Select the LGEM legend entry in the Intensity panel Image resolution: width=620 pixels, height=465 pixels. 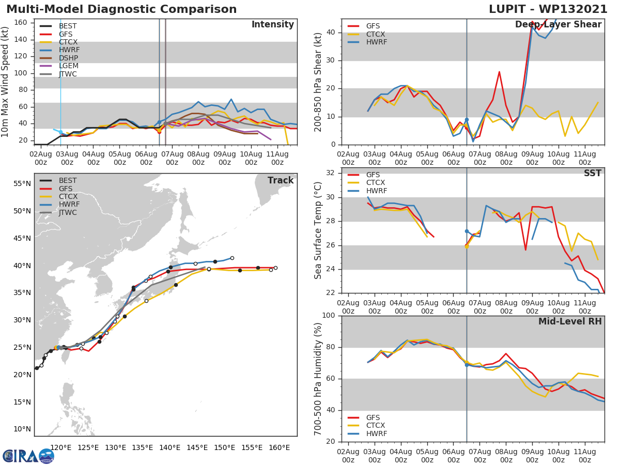coord(68,66)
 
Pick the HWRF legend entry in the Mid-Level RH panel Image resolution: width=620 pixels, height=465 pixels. coord(376,434)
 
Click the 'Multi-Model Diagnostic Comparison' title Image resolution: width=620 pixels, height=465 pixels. coord(121,9)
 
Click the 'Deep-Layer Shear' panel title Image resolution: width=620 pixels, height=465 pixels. coord(558,25)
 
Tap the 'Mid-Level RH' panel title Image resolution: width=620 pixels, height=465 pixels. coord(570,321)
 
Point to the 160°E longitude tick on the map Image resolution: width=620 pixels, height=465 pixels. coord(280,447)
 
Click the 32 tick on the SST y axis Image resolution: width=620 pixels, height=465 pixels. coord(331,173)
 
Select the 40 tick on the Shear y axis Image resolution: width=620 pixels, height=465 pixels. coord(331,33)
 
